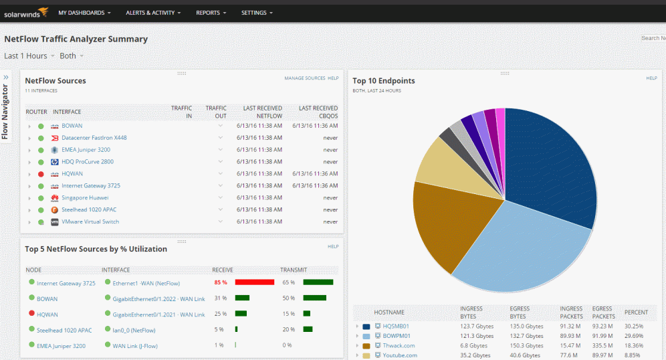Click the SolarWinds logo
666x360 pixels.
[26, 12]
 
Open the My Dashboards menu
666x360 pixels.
[84, 13]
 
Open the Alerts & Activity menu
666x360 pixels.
[153, 13]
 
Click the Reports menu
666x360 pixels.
[211, 13]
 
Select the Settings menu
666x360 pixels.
[257, 13]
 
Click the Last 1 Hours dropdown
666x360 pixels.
[29, 56]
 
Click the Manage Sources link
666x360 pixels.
[304, 78]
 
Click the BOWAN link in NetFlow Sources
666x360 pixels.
[72, 126]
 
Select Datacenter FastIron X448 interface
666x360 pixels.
[94, 138]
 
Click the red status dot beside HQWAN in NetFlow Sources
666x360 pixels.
[41, 174]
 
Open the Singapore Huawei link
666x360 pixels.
[85, 198]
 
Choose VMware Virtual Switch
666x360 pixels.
[90, 222]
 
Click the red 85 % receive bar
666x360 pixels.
[255, 282]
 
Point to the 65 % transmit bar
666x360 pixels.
[318, 282]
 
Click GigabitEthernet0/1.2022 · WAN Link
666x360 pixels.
[158, 298]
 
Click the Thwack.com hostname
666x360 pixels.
[399, 346]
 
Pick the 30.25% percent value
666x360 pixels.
[634, 326]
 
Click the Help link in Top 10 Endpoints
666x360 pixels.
[651, 78]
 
